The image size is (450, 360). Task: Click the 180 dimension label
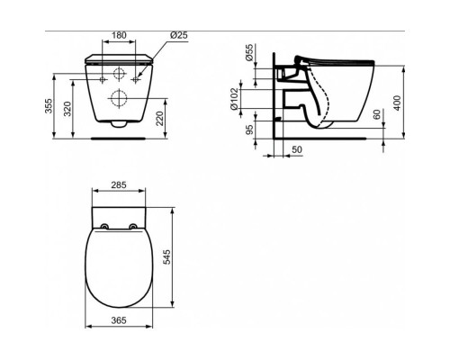tap(119, 35)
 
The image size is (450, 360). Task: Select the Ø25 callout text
tap(179, 35)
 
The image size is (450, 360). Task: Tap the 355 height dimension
tap(49, 106)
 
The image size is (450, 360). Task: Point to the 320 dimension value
tap(67, 109)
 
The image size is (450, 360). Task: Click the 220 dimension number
tap(160, 118)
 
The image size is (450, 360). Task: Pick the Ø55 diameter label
tap(249, 53)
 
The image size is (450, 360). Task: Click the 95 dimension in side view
tap(249, 130)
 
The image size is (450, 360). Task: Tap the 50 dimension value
tap(297, 149)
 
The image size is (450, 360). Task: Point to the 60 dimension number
tap(377, 114)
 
